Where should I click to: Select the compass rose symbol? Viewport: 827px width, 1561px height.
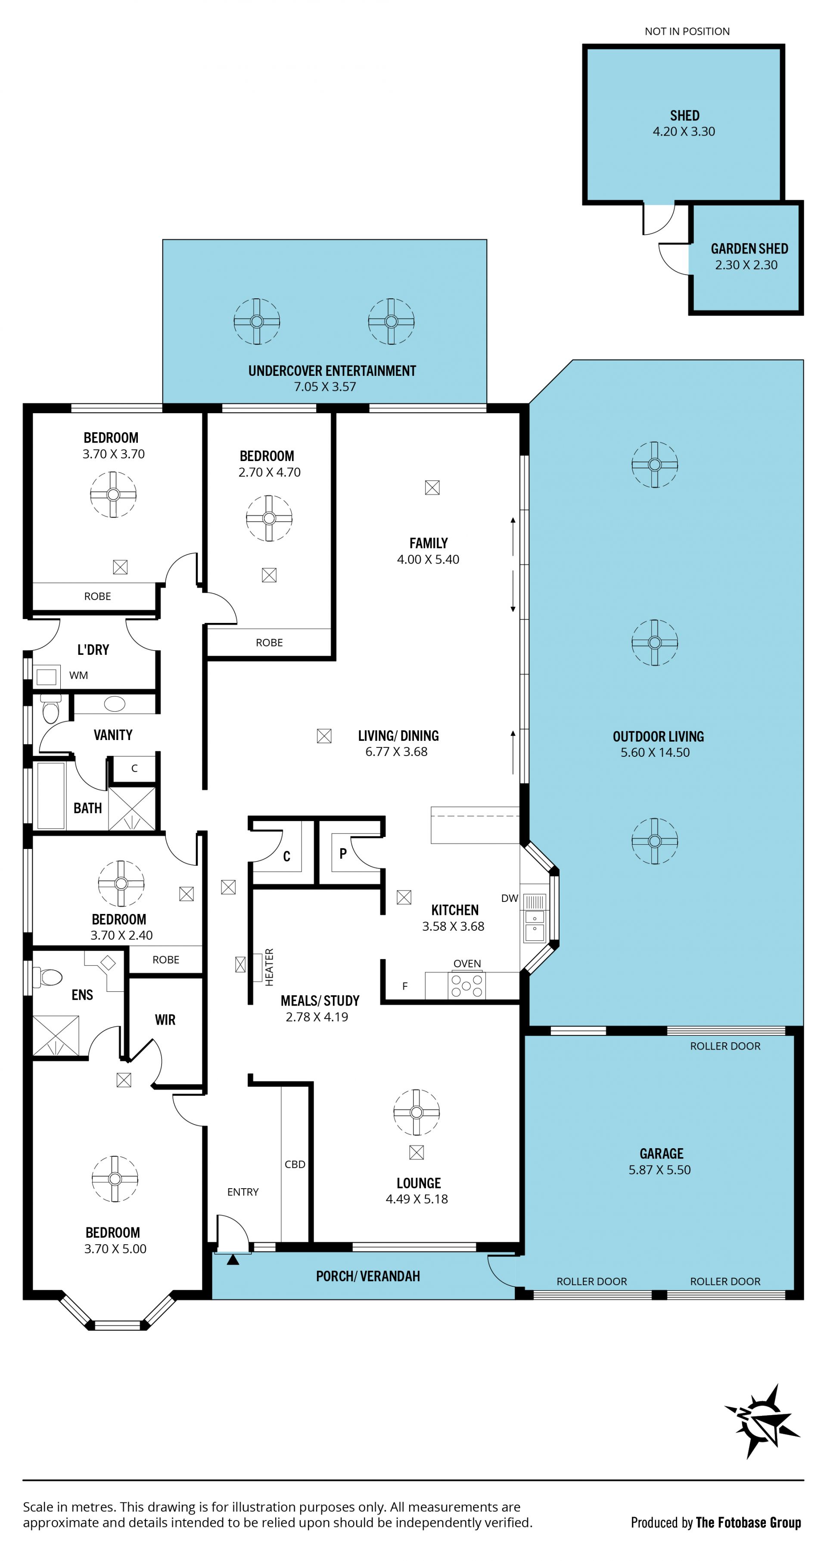pos(762,1421)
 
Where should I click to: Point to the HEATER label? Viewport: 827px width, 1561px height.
pos(269,967)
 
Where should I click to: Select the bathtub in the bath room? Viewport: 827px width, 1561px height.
pos(50,795)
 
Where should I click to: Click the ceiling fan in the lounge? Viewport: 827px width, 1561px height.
pos(416,1112)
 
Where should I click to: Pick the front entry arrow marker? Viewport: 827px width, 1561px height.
pos(233,1260)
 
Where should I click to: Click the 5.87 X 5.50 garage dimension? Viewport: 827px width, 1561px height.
pos(659,1170)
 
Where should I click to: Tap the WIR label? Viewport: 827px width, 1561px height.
pos(165,1020)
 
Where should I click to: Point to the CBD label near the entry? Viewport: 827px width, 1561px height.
pos(295,1164)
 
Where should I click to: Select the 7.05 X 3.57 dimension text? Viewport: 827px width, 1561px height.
pos(325,387)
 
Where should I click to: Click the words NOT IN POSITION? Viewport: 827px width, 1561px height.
pos(687,31)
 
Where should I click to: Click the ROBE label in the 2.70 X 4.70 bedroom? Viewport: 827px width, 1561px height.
pos(269,642)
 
